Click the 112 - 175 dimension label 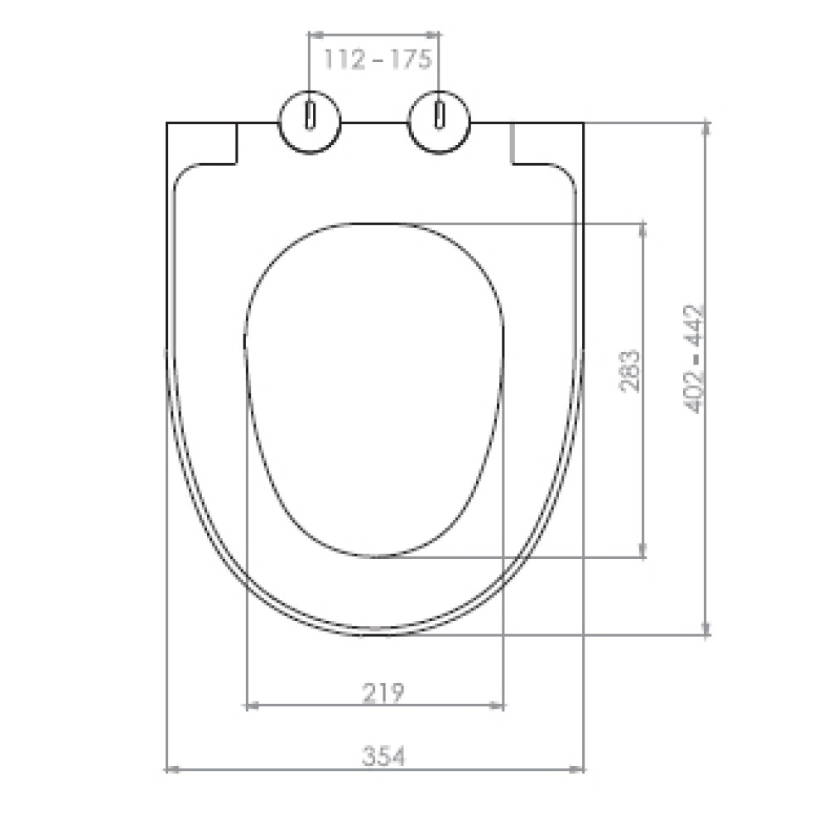[378, 59]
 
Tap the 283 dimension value [629, 370]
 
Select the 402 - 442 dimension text [694, 359]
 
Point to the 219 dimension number [383, 692]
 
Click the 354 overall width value [384, 756]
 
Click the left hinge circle [310, 122]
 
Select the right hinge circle [439, 122]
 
